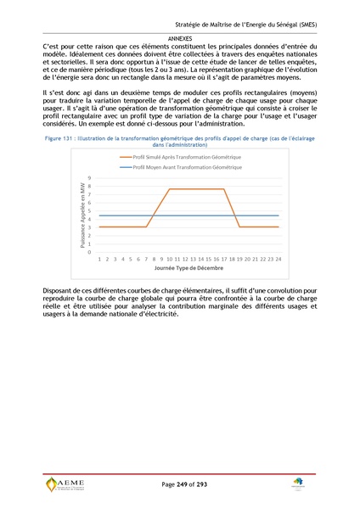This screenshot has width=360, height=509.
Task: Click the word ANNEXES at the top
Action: pyautogui.click(x=180, y=38)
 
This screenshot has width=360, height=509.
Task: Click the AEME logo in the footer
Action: pyautogui.click(x=66, y=484)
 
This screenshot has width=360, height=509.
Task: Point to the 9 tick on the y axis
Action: pyautogui.click(x=89, y=177)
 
